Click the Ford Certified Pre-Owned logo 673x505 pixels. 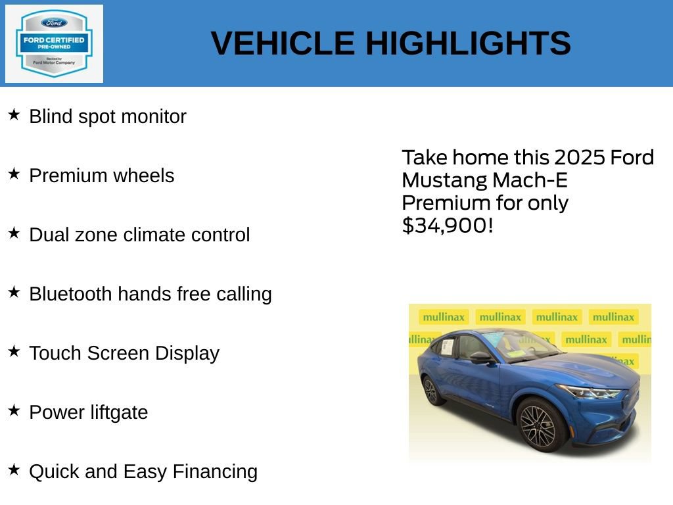click(54, 43)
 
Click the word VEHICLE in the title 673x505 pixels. click(283, 43)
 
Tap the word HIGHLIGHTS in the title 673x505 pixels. click(468, 43)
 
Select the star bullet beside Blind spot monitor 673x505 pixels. click(14, 115)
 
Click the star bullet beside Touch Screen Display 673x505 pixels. click(14, 352)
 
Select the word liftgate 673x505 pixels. click(119, 413)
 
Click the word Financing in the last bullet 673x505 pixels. click(215, 471)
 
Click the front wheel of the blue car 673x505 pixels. click(538, 426)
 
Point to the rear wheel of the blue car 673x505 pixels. click(431, 391)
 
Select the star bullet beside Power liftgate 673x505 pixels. click(14, 411)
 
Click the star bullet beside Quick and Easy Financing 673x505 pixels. click(14, 470)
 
